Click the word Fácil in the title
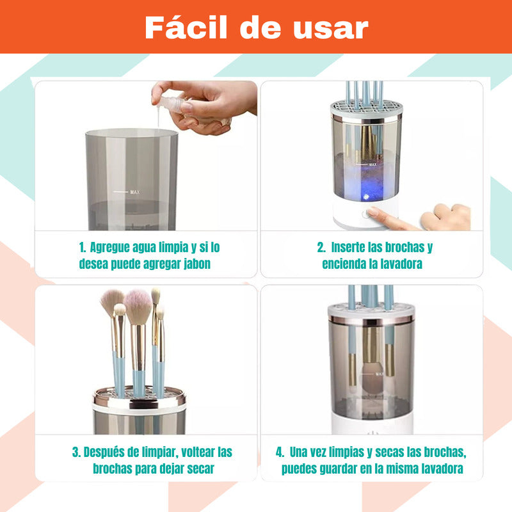[x=186, y=28]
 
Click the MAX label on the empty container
[x=135, y=192]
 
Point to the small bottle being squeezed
[x=171, y=104]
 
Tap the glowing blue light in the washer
[x=366, y=196]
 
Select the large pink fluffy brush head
[x=138, y=306]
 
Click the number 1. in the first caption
[x=83, y=248]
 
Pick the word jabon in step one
[x=197, y=264]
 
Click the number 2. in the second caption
[x=321, y=248]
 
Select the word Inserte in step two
[x=348, y=248]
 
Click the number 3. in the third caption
[x=76, y=452]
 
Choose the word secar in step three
[x=200, y=468]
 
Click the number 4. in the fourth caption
[x=280, y=452]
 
